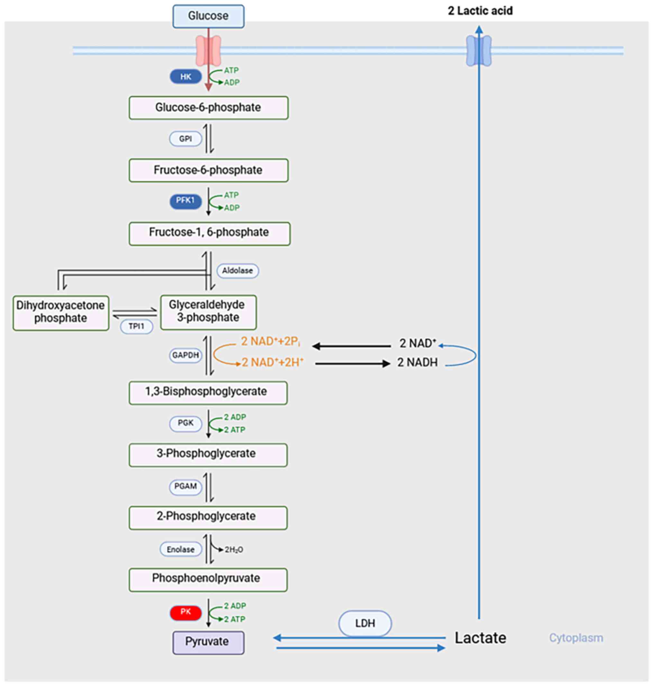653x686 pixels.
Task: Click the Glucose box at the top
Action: [208, 16]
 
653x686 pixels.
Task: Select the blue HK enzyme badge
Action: [186, 77]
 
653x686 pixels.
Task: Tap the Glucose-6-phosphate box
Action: [208, 108]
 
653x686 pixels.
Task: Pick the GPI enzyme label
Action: [186, 139]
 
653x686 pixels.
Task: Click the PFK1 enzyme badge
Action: [186, 201]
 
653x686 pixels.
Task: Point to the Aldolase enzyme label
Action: [238, 271]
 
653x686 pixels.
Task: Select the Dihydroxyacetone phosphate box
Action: [60, 312]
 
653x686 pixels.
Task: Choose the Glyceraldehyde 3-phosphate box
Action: [208, 311]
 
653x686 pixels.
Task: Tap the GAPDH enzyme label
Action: [186, 355]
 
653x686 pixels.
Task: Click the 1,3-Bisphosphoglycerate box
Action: [208, 392]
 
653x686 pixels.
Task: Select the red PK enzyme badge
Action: [186, 612]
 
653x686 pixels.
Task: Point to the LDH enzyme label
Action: [365, 623]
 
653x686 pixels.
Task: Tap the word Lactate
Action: [480, 638]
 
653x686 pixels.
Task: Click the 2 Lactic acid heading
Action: [480, 11]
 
